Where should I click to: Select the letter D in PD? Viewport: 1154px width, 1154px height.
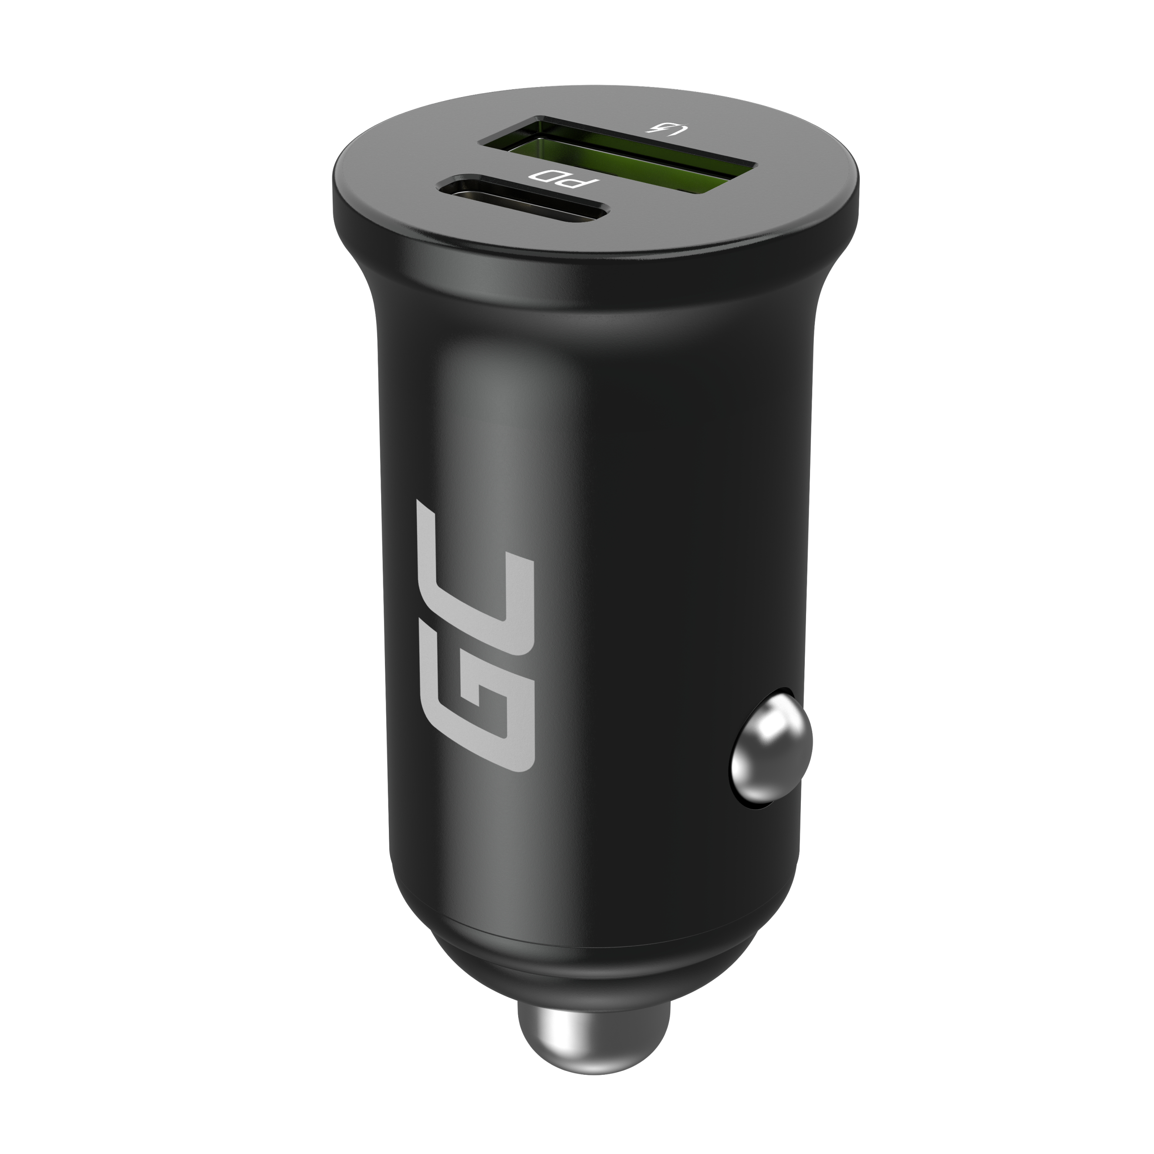[542, 175]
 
